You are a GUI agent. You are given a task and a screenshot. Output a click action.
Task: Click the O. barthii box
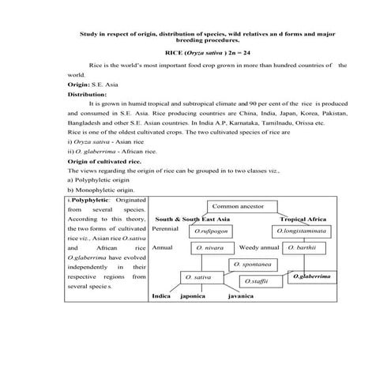[x=302, y=248]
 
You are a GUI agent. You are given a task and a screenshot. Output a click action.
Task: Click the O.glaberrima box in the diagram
[x=310, y=276]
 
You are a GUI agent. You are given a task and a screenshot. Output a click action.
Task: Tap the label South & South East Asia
[x=193, y=218]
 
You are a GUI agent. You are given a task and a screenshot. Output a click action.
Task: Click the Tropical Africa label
[x=303, y=218]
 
